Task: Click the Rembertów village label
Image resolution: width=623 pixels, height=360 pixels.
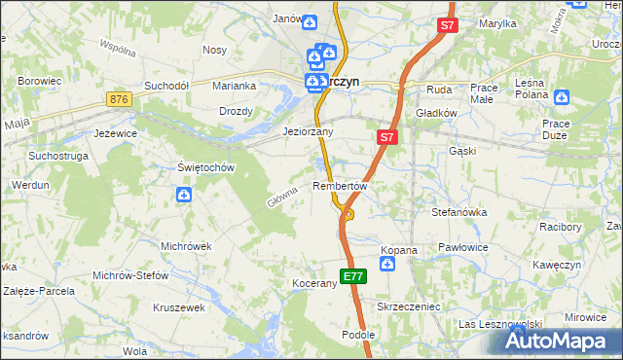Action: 340,186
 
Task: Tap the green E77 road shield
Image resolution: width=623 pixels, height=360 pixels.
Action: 353,276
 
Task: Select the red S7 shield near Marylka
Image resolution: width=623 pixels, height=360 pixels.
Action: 447,27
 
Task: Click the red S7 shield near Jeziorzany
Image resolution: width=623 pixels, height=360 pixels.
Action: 386,138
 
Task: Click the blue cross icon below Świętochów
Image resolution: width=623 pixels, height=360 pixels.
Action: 184,196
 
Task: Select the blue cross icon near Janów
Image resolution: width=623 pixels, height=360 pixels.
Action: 309,21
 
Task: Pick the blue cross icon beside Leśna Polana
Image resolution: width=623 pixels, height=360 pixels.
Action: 561,96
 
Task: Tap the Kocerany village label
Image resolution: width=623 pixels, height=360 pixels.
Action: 313,284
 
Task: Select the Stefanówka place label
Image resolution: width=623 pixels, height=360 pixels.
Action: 459,211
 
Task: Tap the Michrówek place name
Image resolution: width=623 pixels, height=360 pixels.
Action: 186,246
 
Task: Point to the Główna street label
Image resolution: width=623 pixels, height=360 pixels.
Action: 280,198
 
